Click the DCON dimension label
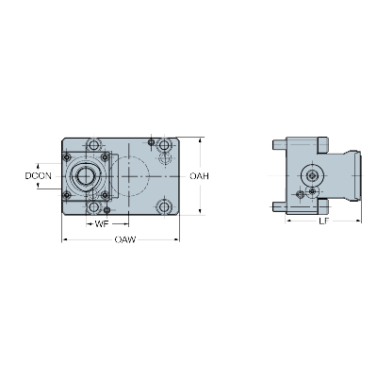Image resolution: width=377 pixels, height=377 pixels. tap(39, 175)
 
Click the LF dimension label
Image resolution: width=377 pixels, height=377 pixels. tap(323, 221)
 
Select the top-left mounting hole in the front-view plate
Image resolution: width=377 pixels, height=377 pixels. tap(93, 145)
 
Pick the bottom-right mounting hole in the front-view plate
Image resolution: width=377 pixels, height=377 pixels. tap(165, 206)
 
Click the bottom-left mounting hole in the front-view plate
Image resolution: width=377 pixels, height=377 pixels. tap(93, 206)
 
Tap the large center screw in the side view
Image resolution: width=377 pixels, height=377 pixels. tap(312, 176)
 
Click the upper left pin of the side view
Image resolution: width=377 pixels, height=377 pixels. tap(277, 146)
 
